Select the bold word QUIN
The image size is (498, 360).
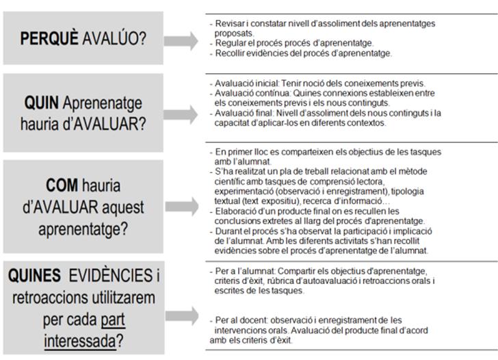(40, 103)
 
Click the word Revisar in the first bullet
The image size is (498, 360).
(227, 24)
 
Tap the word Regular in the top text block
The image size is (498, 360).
(228, 42)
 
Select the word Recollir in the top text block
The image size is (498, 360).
(228, 53)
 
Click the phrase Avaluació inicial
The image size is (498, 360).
(241, 83)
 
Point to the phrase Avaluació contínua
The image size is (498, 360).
(245, 92)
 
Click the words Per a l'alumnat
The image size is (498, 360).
(239, 270)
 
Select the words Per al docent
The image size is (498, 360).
(237, 320)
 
